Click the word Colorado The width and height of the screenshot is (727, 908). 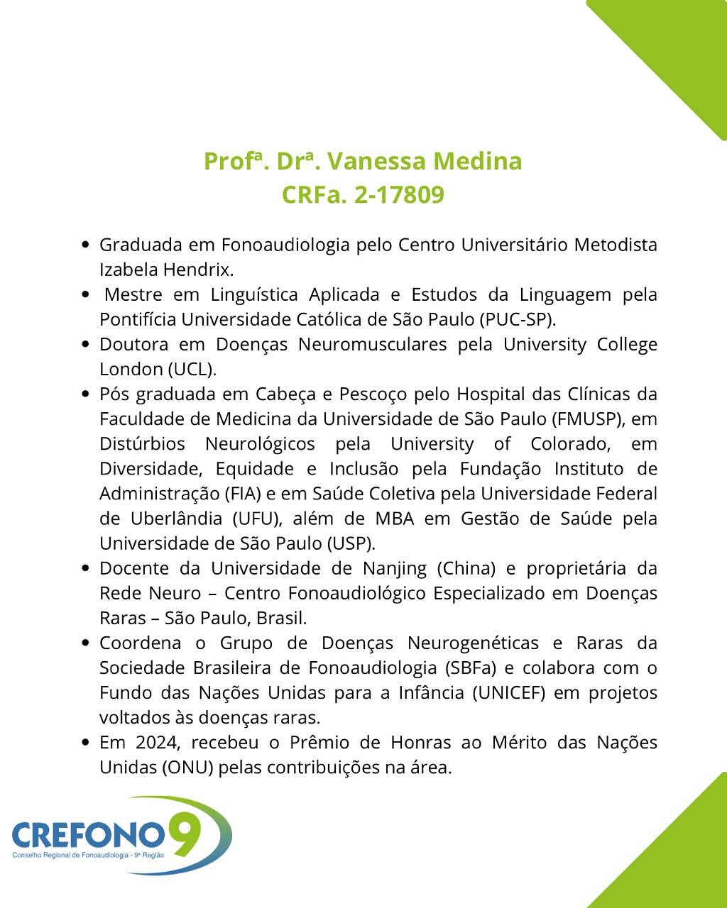tap(574, 444)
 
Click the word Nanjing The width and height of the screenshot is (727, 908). tap(395, 568)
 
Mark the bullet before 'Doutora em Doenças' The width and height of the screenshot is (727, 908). tap(85, 345)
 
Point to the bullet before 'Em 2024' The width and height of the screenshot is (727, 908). tap(85, 743)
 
